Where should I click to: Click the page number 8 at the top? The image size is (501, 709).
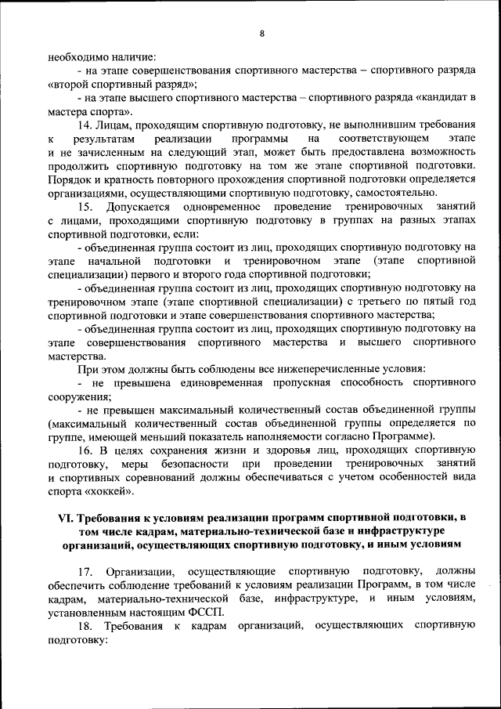pyautogui.click(x=261, y=33)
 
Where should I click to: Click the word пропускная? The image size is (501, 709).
pyautogui.click(x=299, y=382)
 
